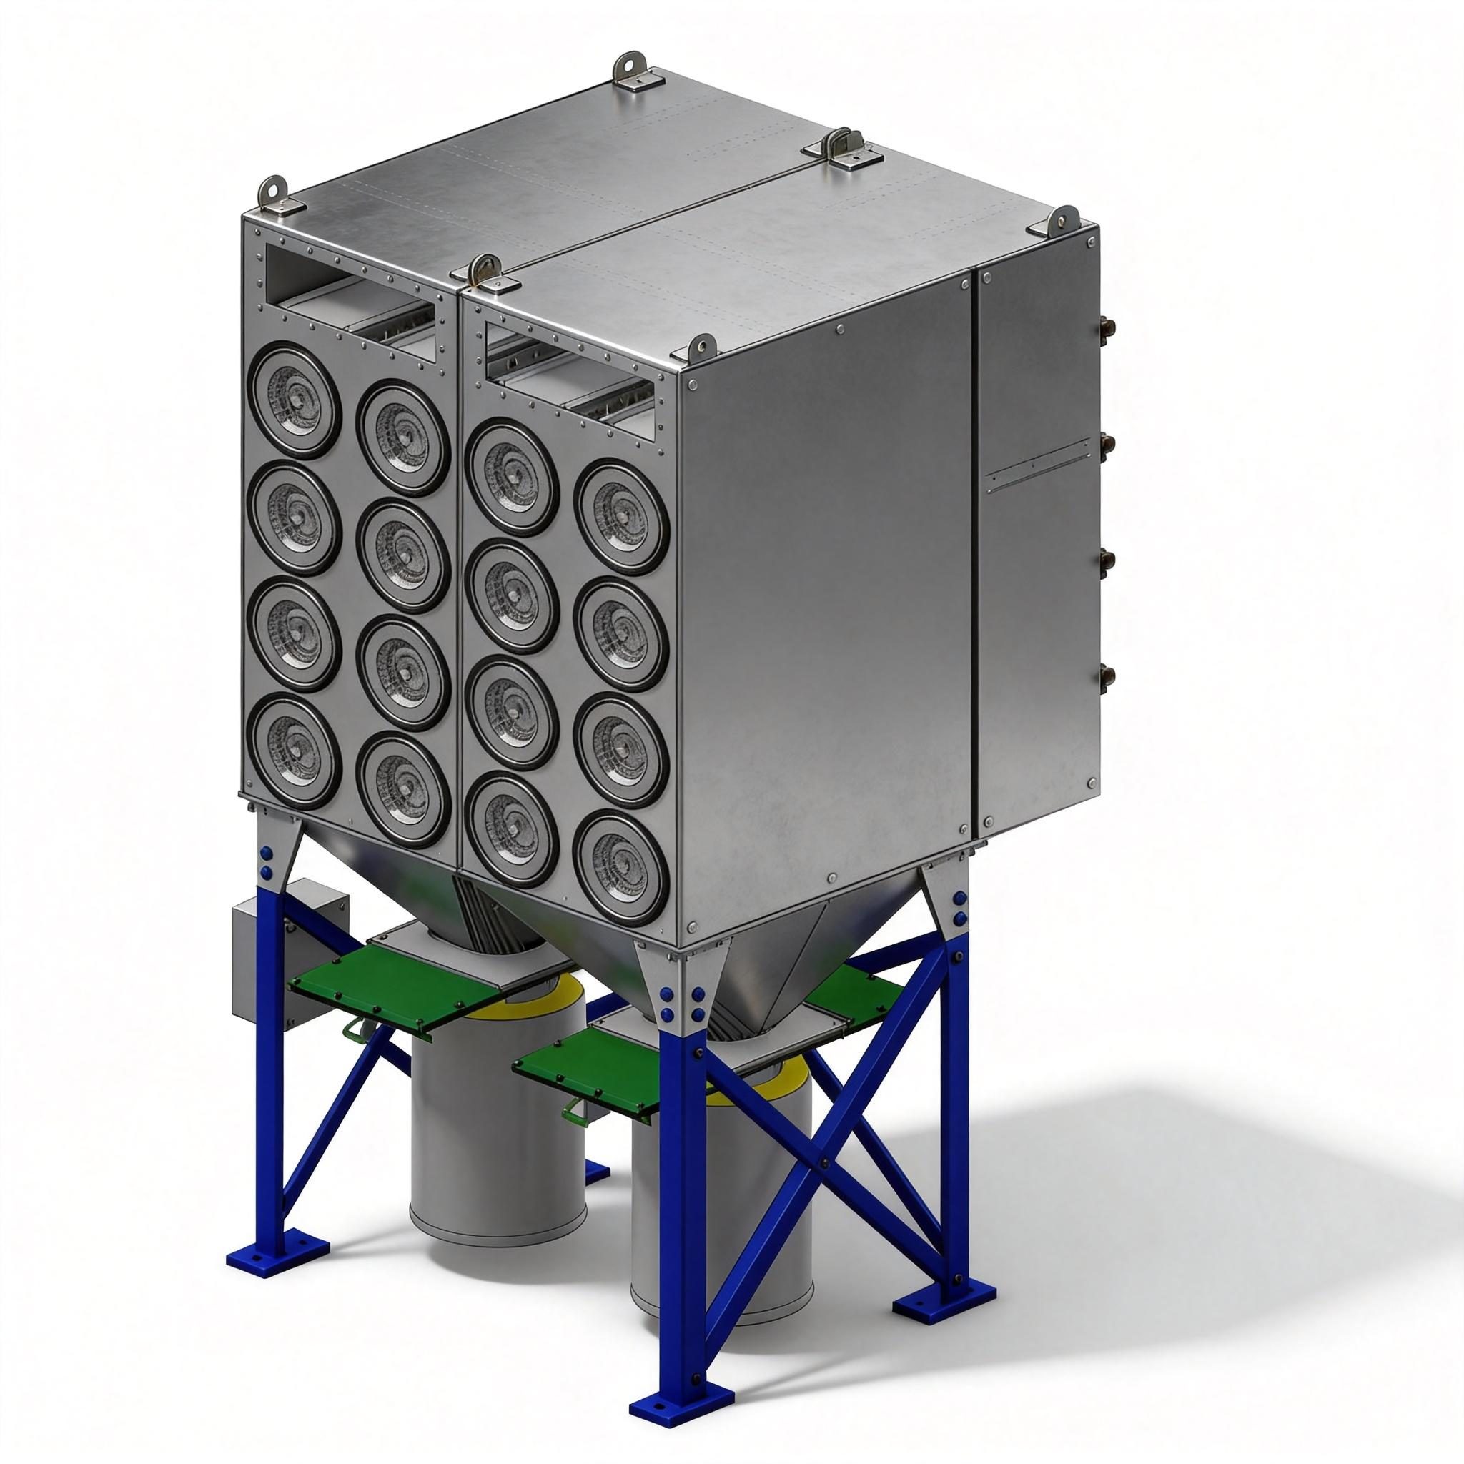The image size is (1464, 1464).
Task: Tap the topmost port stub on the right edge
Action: [x=1103, y=327]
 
